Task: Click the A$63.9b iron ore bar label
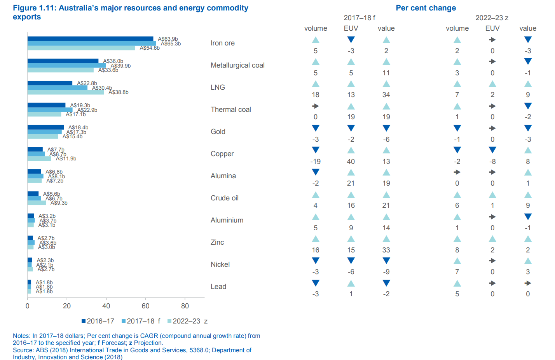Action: pos(168,39)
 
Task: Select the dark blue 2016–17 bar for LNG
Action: pos(50,83)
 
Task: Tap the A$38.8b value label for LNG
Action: pos(119,92)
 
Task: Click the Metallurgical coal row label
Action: pos(237,65)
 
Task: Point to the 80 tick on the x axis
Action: pos(185,306)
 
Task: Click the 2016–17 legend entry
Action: pos(98,321)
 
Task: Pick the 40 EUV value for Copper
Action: pos(351,161)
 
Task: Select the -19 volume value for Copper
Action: pos(316,161)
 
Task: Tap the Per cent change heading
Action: pos(426,8)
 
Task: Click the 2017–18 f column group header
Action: pos(360,18)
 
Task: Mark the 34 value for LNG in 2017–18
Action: pos(386,95)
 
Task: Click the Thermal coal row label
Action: pos(231,110)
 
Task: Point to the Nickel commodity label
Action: pos(220,264)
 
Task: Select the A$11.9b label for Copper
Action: pos(66,158)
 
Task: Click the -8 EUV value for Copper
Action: pos(492,161)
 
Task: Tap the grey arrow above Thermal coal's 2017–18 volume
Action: pos(316,106)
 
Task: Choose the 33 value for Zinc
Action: pos(386,250)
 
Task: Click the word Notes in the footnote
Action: pos(21,336)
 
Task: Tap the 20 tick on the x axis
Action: pos(67,306)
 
